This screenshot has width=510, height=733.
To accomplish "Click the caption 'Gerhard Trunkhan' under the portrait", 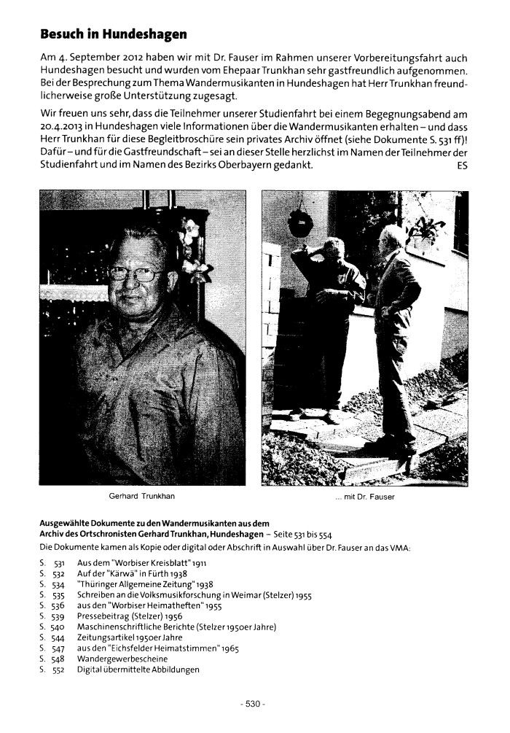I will coord(141,497).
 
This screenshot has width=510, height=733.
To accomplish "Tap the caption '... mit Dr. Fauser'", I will coord(364,497).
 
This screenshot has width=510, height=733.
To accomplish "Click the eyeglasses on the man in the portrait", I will coord(135,274).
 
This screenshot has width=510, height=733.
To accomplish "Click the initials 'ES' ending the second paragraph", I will coord(462,166).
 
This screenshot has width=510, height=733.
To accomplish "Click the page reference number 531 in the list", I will coord(60,564).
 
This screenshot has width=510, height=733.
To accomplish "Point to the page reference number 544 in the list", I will coord(60,637).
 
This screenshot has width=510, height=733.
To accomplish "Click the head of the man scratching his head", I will coord(333,247).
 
